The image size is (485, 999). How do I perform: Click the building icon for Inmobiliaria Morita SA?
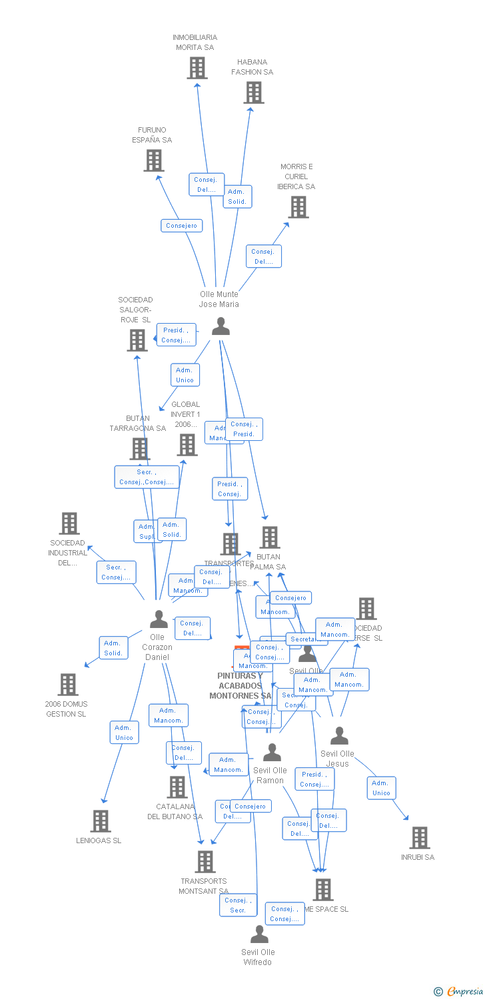(197, 68)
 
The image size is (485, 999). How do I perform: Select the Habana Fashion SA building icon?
(254, 93)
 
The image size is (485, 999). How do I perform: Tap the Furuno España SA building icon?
(154, 161)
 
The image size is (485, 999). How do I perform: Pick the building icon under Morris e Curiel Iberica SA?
(298, 207)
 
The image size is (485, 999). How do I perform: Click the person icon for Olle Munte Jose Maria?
(221, 326)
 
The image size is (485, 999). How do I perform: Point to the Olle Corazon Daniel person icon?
(159, 619)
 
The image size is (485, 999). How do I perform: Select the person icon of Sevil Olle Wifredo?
(259, 934)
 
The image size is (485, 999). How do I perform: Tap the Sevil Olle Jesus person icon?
(339, 736)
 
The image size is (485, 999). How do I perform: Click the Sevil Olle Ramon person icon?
(272, 753)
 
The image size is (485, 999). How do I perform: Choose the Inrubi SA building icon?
(420, 838)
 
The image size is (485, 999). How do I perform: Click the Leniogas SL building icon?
(101, 821)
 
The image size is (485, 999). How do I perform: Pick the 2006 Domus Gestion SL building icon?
(68, 685)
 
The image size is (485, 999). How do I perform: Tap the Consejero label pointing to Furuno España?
(182, 226)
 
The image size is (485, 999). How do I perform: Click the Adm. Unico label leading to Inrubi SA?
(381, 788)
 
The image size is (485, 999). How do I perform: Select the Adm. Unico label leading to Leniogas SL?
(125, 733)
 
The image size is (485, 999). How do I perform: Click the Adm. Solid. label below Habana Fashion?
(237, 196)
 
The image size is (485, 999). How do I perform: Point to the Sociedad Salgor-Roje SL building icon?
(137, 340)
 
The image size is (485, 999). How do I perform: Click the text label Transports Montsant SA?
(203, 886)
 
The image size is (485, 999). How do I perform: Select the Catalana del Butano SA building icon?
(177, 787)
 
